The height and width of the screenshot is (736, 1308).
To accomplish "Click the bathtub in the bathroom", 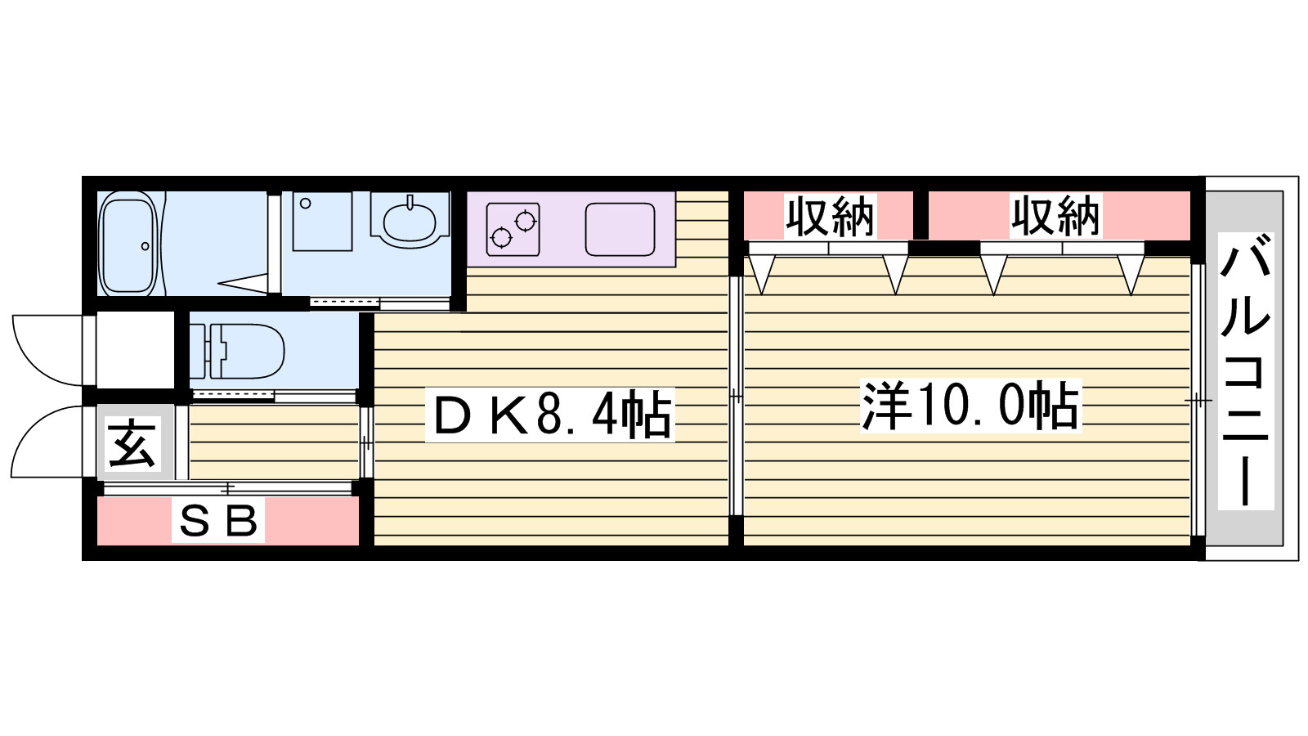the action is pos(128,244).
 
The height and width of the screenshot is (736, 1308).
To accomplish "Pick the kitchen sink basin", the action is pos(620,229).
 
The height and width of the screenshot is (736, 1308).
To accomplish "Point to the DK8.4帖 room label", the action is pos(550,415).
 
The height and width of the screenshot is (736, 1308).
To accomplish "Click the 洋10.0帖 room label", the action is pos(970,406).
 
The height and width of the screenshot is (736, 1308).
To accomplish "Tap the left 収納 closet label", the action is pos(829,216).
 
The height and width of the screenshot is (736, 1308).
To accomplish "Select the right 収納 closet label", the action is pos(1055,216).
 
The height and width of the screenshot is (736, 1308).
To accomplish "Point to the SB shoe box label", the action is pos(218,522).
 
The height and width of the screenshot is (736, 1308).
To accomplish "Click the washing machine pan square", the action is pos(322,222).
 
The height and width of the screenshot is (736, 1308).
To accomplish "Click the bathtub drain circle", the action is pos(145,246).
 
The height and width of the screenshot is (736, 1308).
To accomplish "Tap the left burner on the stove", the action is pos(501,238).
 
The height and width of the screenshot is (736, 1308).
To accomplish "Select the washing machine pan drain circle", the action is pos(305,204).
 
